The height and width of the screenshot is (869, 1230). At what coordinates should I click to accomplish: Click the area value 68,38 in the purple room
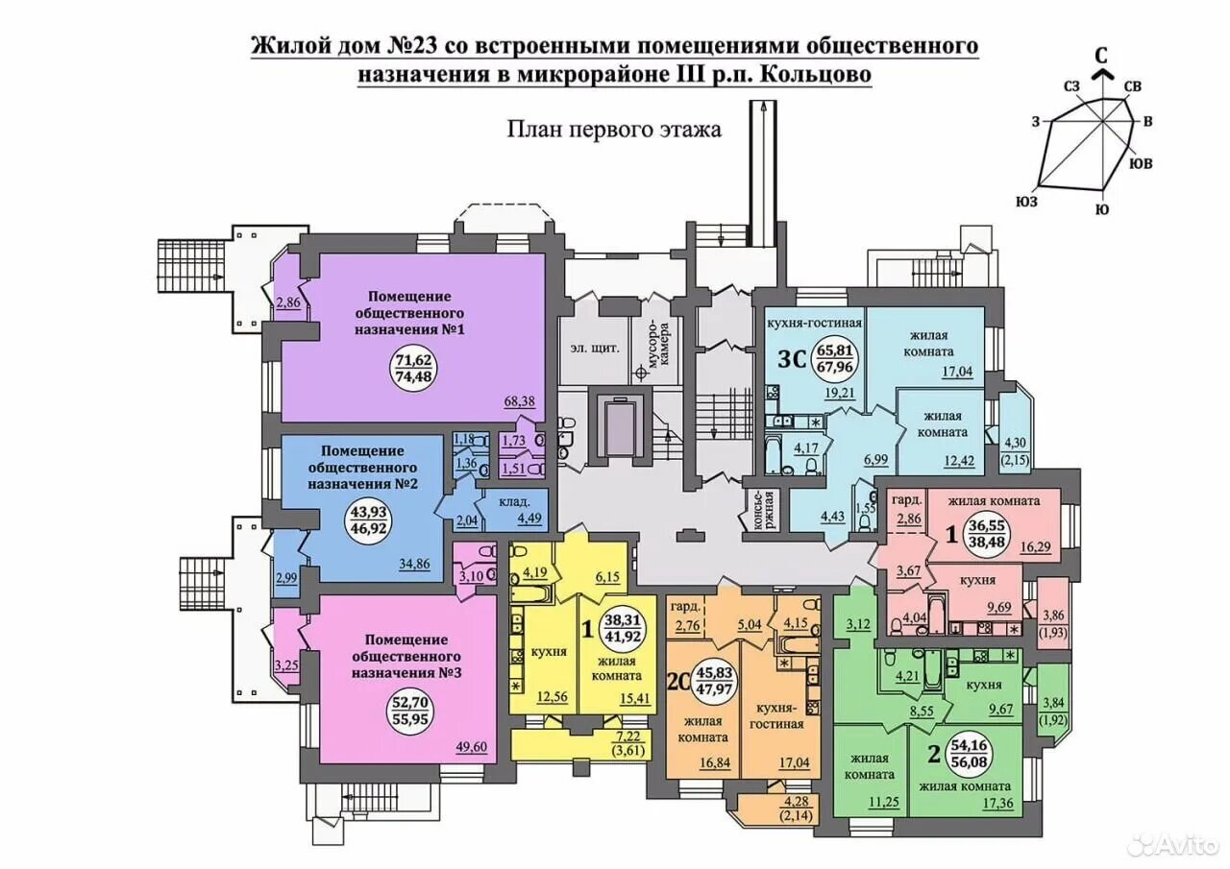point(520,400)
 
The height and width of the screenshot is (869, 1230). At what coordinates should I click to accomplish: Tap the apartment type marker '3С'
point(791,360)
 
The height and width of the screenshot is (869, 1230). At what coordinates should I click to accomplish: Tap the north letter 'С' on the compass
point(1104,56)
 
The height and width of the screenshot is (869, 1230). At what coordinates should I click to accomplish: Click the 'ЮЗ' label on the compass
point(1027,201)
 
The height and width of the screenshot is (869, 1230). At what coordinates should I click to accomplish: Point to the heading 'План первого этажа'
point(614,130)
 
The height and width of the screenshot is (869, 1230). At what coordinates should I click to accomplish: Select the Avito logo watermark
point(1171,843)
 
